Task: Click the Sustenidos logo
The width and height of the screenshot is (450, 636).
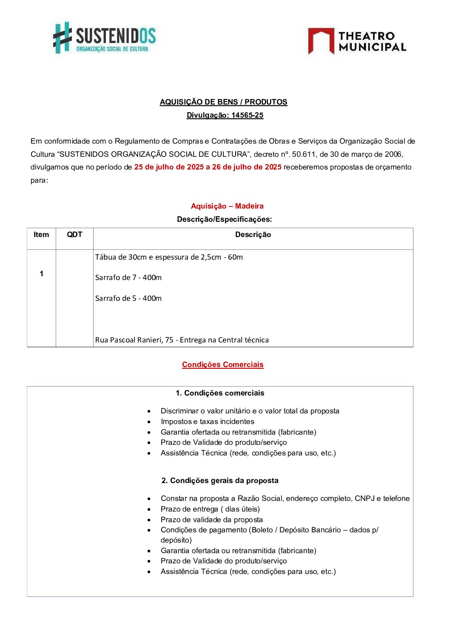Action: click(x=104, y=38)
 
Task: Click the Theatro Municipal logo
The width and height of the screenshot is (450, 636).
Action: click(x=357, y=41)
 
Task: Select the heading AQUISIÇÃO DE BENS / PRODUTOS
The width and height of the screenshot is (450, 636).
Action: click(x=223, y=102)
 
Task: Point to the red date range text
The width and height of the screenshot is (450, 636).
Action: click(x=208, y=167)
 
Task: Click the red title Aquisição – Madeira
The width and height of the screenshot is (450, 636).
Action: click(x=227, y=206)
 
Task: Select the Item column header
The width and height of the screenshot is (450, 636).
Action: click(x=41, y=235)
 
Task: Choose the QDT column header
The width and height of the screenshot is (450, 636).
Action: click(x=74, y=235)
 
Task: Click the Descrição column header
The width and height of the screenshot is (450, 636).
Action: click(x=253, y=235)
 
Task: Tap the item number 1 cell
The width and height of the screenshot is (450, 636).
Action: click(x=41, y=274)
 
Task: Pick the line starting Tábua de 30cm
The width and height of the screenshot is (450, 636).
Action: click(x=169, y=257)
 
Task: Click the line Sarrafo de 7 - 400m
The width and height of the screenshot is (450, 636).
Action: click(x=128, y=277)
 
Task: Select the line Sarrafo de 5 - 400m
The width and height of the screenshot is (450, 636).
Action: click(x=128, y=298)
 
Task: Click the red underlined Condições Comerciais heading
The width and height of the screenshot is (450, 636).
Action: click(x=223, y=365)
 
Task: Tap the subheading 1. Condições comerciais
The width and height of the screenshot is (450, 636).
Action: click(x=220, y=393)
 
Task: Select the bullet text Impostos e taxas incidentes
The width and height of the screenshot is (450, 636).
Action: click(x=208, y=421)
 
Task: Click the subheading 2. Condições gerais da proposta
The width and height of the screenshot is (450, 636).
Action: click(x=220, y=481)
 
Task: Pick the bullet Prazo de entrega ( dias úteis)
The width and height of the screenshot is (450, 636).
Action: click(x=210, y=509)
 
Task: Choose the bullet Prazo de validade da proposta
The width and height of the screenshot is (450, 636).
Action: click(x=212, y=520)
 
